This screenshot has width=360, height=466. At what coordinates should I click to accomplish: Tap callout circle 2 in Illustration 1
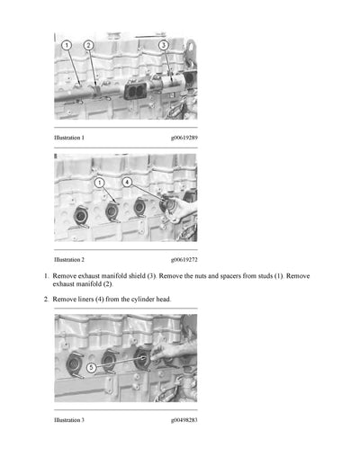click(x=88, y=45)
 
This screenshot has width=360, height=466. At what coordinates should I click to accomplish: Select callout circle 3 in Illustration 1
click(x=164, y=44)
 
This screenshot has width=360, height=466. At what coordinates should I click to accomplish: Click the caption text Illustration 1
click(x=69, y=138)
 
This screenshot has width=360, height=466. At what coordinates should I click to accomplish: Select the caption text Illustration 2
click(x=69, y=259)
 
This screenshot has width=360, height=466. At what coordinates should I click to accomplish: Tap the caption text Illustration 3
click(x=69, y=420)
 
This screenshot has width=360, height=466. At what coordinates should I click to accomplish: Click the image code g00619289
click(x=183, y=138)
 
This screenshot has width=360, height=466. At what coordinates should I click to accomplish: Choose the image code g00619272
click(x=183, y=259)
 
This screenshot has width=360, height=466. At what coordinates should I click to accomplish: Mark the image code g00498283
click(x=183, y=420)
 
